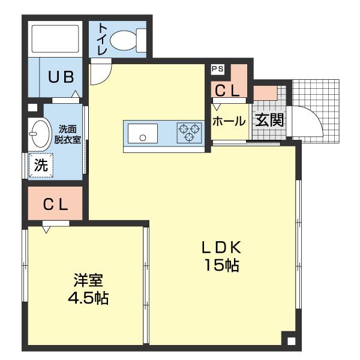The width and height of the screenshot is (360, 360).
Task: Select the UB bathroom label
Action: pyautogui.click(x=61, y=77)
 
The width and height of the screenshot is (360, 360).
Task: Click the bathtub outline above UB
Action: pyautogui.click(x=55, y=38)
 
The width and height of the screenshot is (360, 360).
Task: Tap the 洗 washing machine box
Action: pyautogui.click(x=41, y=166)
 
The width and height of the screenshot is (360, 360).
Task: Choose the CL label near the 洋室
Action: pyautogui.click(x=55, y=205)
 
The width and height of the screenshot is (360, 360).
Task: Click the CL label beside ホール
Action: pyautogui.click(x=227, y=91)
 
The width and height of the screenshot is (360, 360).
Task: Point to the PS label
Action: pyautogui.click(x=217, y=69)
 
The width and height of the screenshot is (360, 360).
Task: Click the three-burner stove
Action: pyautogui.click(x=189, y=133)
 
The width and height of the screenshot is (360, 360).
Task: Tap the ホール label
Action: pyautogui.click(x=229, y=121)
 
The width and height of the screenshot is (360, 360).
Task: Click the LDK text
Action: pyautogui.click(x=221, y=247)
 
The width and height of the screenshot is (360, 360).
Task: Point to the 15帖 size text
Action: pyautogui.click(x=221, y=265)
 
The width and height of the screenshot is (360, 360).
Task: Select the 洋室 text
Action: pyautogui.click(x=88, y=280)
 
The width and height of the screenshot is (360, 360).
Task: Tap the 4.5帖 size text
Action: pyautogui.click(x=88, y=298)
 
